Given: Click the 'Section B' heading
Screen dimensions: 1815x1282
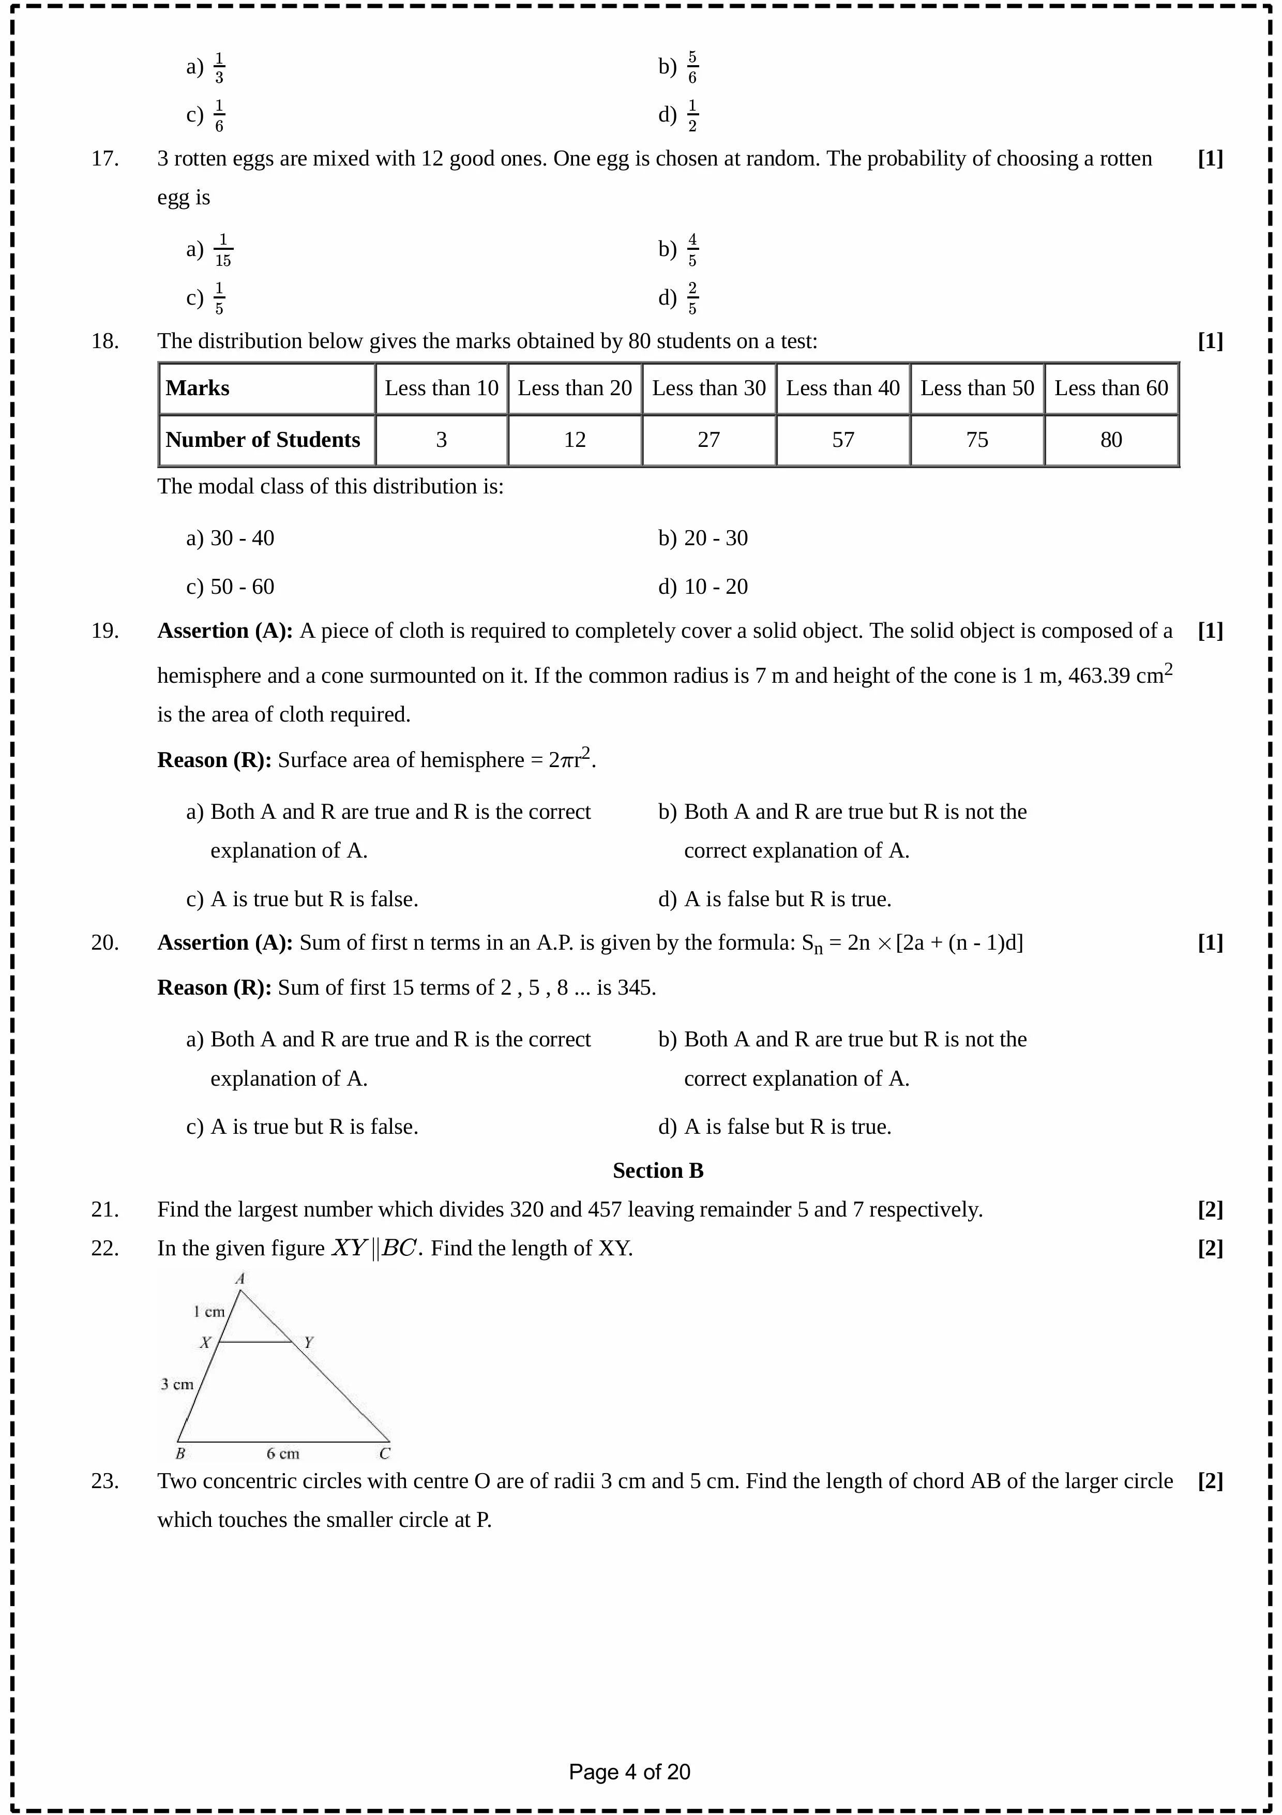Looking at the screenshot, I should click(x=658, y=1171).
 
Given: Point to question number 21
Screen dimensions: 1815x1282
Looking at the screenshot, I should click(x=104, y=1209).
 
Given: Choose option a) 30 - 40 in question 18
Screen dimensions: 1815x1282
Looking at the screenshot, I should click(x=230, y=538).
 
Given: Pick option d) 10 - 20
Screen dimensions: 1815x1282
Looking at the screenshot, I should click(x=703, y=587).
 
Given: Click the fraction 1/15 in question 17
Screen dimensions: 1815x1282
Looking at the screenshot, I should click(x=223, y=250).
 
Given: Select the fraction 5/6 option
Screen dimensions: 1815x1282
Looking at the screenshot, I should click(x=692, y=67).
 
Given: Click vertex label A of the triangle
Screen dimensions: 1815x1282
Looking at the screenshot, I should click(x=240, y=1278).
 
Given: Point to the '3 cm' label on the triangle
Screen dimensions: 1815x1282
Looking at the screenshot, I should click(x=177, y=1384).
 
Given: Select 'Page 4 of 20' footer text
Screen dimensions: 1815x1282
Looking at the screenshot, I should click(x=629, y=1772).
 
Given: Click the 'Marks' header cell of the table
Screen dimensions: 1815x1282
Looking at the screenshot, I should click(x=198, y=388).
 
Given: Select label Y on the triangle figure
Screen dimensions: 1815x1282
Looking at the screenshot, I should click(x=308, y=1342).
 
